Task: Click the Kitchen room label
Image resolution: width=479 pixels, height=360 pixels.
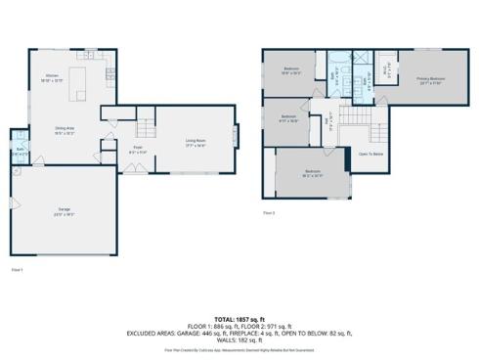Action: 51,78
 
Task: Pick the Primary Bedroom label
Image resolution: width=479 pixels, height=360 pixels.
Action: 431,79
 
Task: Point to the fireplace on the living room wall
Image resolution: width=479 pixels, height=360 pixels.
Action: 235,134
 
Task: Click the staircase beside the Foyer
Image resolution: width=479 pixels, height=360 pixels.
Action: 145,128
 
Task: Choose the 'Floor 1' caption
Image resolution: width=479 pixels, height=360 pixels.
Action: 17,267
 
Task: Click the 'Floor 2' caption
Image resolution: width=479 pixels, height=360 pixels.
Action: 269,211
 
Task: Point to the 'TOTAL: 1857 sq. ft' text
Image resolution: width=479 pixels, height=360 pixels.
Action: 239,318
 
